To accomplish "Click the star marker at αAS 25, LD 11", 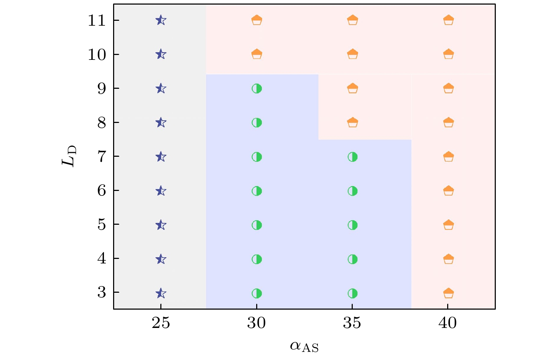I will pyautogui.click(x=161, y=20).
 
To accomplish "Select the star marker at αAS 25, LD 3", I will pyautogui.click(x=161, y=293).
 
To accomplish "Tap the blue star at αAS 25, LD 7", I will pyautogui.click(x=161, y=157).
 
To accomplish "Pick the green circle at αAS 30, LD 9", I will pyautogui.click(x=257, y=88).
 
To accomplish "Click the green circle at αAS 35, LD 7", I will pyautogui.click(x=352, y=157).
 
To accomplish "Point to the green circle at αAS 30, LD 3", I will pyautogui.click(x=257, y=293).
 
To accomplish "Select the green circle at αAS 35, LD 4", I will pyautogui.click(x=352, y=259).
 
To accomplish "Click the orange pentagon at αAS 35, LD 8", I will pyautogui.click(x=352, y=122).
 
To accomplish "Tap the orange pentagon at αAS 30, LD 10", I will pyautogui.click(x=257, y=54).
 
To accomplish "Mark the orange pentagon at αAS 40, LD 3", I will pyautogui.click(x=448, y=293).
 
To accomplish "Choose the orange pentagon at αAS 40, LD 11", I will pyautogui.click(x=448, y=20).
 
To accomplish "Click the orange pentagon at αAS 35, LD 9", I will pyautogui.click(x=352, y=88).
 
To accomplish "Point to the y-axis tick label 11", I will pyautogui.click(x=97, y=21).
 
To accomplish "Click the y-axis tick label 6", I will pyautogui.click(x=101, y=191).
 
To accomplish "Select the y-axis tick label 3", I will pyautogui.click(x=101, y=292).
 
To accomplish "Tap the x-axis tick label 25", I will pyautogui.click(x=161, y=323).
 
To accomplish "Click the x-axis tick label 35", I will pyautogui.click(x=352, y=323).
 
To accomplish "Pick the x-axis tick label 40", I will pyautogui.click(x=448, y=323).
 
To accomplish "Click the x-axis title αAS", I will pyautogui.click(x=304, y=347).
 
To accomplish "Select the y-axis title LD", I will pyautogui.click(x=69, y=156).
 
